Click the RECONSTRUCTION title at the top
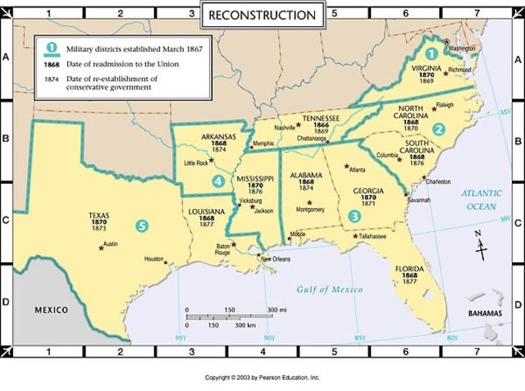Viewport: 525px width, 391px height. click(x=262, y=15)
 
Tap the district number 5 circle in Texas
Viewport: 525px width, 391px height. click(x=143, y=225)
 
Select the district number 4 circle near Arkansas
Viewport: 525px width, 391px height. click(x=217, y=180)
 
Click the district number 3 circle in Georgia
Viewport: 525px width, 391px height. click(x=354, y=216)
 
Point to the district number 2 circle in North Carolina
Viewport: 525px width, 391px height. click(x=439, y=129)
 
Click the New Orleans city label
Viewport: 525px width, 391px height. click(x=276, y=259)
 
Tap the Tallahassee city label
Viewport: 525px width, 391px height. click(x=372, y=235)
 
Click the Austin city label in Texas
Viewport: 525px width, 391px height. click(x=111, y=243)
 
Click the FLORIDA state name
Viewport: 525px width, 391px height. click(x=410, y=268)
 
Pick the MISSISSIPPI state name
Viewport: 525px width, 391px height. click(x=255, y=178)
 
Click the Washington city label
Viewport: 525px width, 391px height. click(x=463, y=48)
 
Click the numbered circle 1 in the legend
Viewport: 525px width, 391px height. click(x=51, y=50)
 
